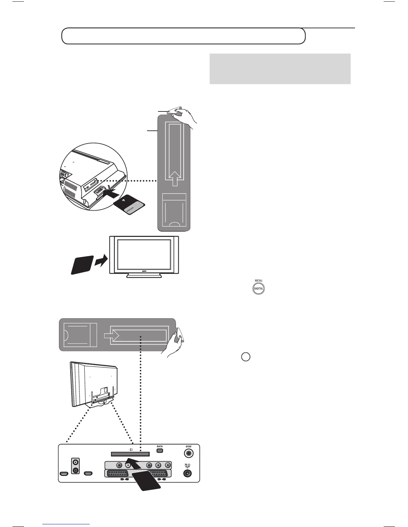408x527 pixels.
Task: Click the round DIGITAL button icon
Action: tap(258, 288)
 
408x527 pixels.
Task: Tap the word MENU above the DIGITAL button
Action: tap(258, 281)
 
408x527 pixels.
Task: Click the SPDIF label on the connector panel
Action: tap(189, 446)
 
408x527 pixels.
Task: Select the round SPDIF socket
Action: tap(189, 453)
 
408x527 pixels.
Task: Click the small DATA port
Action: tap(160, 450)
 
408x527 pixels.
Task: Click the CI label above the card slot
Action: tap(131, 449)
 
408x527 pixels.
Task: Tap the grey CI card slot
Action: tap(130, 454)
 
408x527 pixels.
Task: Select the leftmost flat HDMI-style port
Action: tap(63, 473)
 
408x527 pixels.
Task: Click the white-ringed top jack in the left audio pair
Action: tap(76, 462)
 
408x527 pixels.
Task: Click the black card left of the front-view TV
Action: tap(81, 265)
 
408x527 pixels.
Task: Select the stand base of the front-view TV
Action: tap(144, 275)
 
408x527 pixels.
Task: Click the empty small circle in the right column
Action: tap(246, 357)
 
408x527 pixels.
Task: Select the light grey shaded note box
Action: tap(280, 69)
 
